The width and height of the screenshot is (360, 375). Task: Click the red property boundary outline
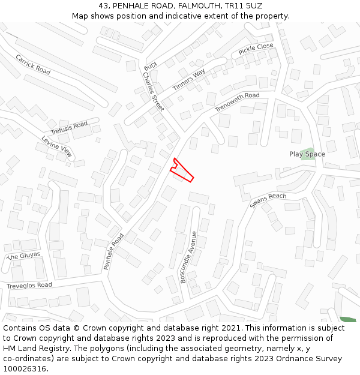tap(181, 171)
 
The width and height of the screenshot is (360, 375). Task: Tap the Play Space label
tap(307, 154)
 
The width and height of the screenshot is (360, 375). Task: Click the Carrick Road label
tap(33, 64)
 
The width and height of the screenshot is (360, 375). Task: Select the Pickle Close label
tap(256, 49)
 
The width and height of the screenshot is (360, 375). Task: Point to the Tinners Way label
tap(189, 80)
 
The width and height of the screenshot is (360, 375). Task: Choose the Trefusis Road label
tap(69, 128)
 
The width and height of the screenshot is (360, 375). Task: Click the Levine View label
tap(57, 146)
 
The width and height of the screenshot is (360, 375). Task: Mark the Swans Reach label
tap(268, 200)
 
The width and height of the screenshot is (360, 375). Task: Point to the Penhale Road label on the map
tap(113, 251)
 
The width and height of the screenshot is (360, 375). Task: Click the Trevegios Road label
tap(29, 286)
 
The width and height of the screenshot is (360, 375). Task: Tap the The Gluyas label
tap(23, 256)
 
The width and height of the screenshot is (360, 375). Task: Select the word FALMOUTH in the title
tap(196, 5)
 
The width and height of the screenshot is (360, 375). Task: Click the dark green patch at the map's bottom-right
tap(347, 319)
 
